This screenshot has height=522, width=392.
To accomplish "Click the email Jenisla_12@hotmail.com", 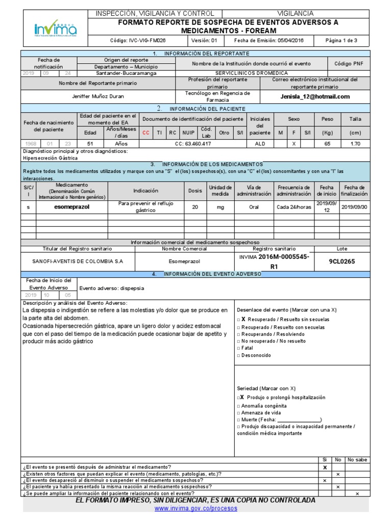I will (x=315, y=96).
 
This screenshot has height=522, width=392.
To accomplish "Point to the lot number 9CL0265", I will (x=341, y=261).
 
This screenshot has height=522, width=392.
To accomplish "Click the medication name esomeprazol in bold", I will (x=71, y=207).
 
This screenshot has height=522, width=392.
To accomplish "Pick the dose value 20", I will (x=194, y=207).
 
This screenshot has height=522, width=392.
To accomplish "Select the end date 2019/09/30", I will (x=354, y=207).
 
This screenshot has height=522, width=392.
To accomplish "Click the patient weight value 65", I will (x=327, y=144).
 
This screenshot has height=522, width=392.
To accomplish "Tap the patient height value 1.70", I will (x=355, y=144).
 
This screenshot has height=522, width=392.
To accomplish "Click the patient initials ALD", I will (x=260, y=144).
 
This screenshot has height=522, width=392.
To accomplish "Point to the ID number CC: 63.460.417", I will (x=192, y=144).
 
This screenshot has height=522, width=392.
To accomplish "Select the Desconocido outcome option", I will (x=253, y=356).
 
